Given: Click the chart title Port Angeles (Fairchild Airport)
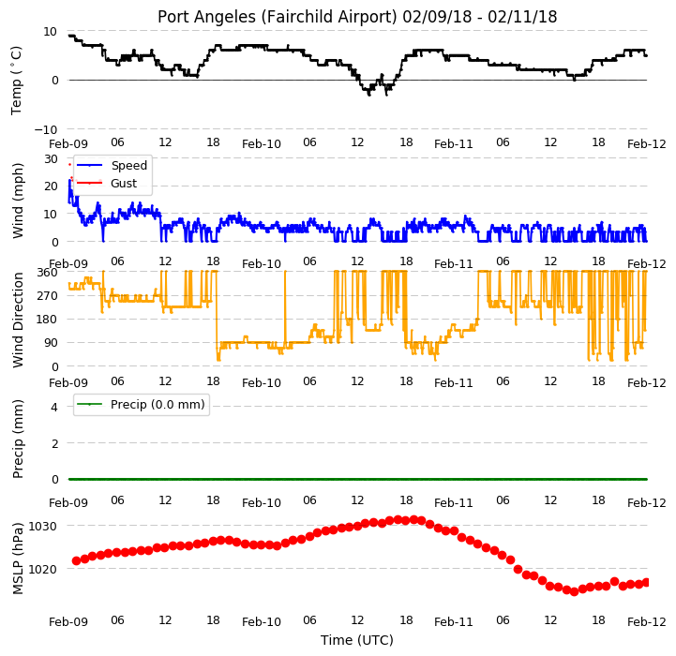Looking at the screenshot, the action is click(277, 17).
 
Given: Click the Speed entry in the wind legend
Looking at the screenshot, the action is click(128, 166).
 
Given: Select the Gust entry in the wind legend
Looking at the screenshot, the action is click(124, 183).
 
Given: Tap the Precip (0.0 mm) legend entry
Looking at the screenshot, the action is click(158, 404).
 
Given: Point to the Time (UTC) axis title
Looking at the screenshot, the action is click(357, 640).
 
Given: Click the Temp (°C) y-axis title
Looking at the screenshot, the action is click(16, 81).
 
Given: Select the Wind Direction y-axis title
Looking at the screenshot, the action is click(18, 320).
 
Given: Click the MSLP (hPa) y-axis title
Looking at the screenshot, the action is click(18, 559).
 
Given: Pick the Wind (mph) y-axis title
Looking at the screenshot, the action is click(18, 201).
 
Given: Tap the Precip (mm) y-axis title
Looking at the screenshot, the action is click(18, 439).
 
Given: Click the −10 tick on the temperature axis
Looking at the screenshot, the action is click(46, 129).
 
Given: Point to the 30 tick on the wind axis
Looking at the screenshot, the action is click(51, 159).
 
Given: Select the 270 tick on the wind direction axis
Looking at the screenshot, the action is click(48, 296).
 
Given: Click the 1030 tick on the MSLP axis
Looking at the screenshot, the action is click(42, 527).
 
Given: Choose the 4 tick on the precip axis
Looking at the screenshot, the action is click(54, 407).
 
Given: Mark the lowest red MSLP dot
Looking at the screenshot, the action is click(574, 591).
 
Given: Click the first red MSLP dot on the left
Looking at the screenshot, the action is click(76, 560).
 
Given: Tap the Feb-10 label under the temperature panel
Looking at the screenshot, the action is click(262, 144).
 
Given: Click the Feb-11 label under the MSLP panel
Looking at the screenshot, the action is click(454, 622).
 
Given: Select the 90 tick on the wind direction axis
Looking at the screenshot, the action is click(51, 343).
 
